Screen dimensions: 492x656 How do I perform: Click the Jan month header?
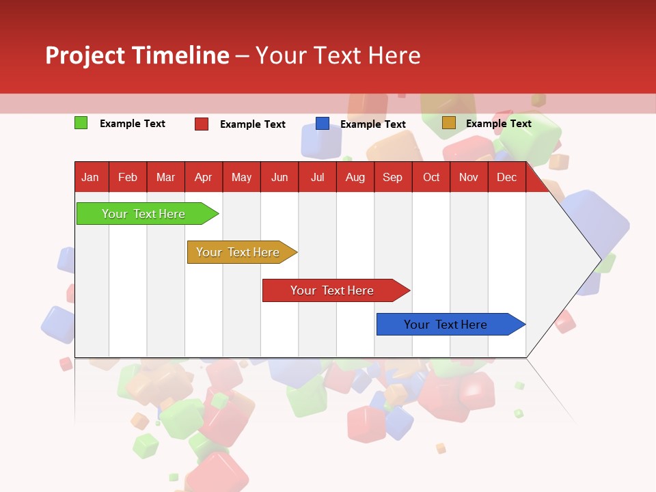click(x=90, y=177)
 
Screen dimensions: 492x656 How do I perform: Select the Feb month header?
click(x=128, y=177)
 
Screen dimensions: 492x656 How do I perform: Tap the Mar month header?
click(x=165, y=177)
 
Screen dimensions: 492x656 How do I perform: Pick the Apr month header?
click(x=203, y=177)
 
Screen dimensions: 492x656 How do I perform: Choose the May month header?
click(x=241, y=177)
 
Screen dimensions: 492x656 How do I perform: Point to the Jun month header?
click(x=279, y=177)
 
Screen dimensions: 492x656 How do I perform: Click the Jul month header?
click(x=317, y=177)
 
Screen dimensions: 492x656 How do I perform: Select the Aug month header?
click(x=355, y=177)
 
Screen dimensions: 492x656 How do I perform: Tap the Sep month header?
click(x=392, y=177)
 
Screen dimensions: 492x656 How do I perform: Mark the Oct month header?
click(x=431, y=177)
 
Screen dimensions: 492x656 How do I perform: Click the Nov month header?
click(x=469, y=177)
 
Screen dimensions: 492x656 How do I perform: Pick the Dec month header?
click(x=506, y=177)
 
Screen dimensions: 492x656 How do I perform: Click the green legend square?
click(x=81, y=123)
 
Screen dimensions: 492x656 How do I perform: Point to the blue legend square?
click(x=323, y=123)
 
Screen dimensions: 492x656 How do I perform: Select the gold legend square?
click(x=448, y=123)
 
